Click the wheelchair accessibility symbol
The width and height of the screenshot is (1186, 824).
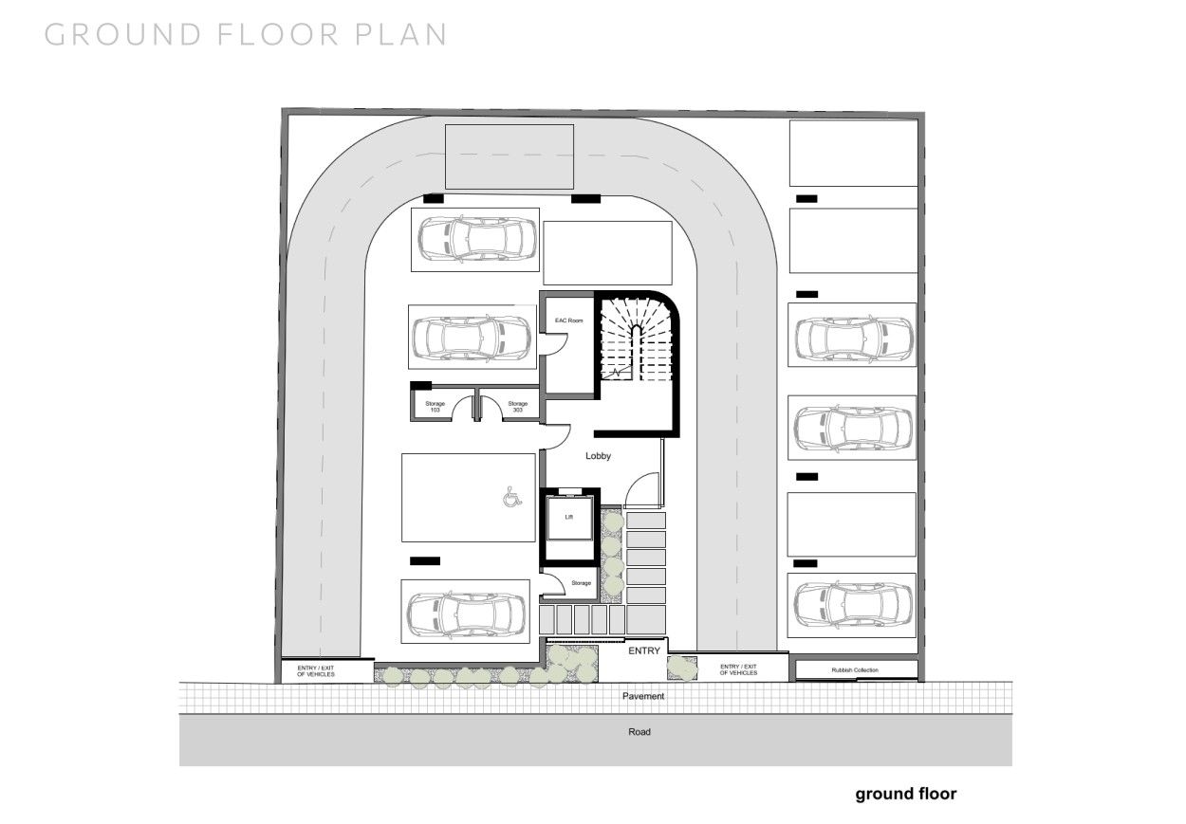click(510, 495)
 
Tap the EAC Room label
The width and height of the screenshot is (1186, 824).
click(568, 322)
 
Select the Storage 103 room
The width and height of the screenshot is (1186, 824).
click(435, 407)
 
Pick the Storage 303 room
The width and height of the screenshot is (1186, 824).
click(518, 407)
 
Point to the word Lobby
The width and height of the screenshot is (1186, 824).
click(598, 456)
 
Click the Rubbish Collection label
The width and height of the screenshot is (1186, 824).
click(855, 670)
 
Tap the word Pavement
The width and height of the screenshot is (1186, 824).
click(643, 696)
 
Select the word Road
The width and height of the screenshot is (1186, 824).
click(639, 732)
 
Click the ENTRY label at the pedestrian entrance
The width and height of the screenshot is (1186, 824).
click(644, 650)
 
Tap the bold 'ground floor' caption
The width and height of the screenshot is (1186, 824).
click(905, 795)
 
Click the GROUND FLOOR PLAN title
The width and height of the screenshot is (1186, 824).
click(246, 34)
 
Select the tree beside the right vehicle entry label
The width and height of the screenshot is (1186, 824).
click(680, 667)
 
